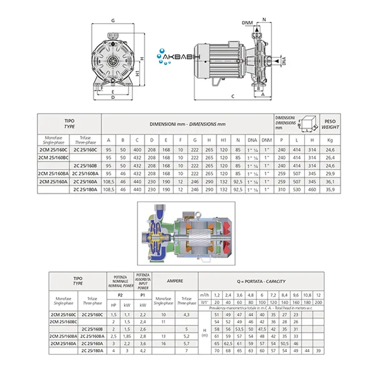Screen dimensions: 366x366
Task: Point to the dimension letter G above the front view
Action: (112, 21)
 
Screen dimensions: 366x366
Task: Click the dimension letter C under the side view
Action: (232, 96)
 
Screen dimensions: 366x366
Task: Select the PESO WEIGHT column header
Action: (330, 124)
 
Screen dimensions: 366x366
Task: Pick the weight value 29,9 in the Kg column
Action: (330, 174)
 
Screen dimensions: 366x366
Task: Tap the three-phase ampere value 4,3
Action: (187, 315)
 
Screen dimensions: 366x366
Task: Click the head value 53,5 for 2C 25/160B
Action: (239, 328)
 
